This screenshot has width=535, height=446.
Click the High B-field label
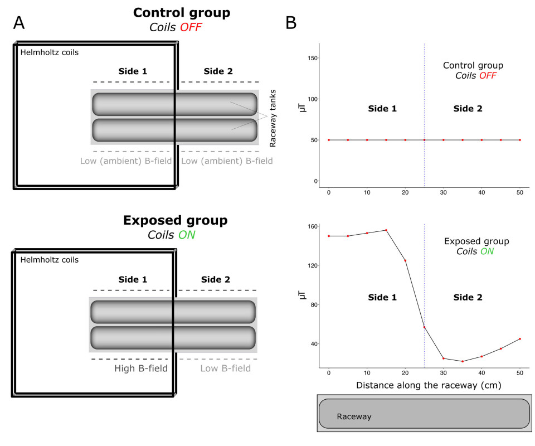tap(140, 369)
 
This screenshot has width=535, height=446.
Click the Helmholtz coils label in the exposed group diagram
tap(49, 260)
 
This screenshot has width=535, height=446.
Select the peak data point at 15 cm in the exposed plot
tap(386, 230)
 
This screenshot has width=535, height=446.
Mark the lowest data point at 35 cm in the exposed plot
tap(463, 361)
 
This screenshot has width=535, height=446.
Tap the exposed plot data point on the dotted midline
tap(425, 327)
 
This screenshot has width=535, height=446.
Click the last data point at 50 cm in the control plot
tap(520, 140)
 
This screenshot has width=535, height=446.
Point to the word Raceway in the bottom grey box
tap(354, 416)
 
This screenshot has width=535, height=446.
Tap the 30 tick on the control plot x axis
tap(444, 192)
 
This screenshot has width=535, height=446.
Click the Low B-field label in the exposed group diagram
tap(226, 369)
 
